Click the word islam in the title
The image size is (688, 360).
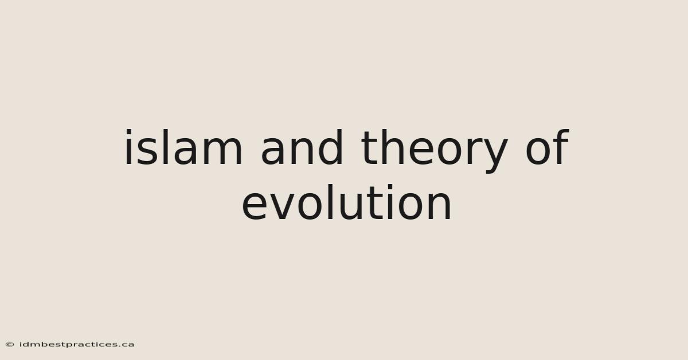[183, 147]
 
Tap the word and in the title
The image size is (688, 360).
[302, 147]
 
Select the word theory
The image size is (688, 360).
[435, 151]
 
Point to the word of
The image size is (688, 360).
[548, 147]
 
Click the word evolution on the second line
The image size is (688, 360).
[346, 202]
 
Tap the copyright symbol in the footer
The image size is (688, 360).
[10, 345]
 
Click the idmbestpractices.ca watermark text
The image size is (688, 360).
[77, 345]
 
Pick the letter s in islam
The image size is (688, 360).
[144, 151]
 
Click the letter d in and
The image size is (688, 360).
[330, 147]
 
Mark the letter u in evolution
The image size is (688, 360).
[347, 207]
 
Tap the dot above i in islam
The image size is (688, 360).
[128, 132]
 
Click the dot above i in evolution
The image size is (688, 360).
[390, 187]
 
